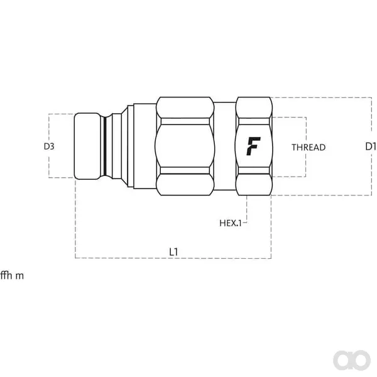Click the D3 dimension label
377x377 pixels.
coord(49,146)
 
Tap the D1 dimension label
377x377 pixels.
coord(371,146)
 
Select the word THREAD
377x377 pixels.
coord(309,148)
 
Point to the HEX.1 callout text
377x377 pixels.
coord(231,223)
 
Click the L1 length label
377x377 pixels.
coord(173,252)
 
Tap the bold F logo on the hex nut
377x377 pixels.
coord(253,146)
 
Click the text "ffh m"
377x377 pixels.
coord(12,276)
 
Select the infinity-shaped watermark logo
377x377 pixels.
coord(352,360)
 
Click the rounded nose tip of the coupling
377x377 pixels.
coord(87,146)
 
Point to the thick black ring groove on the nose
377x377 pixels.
coord(105,146)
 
